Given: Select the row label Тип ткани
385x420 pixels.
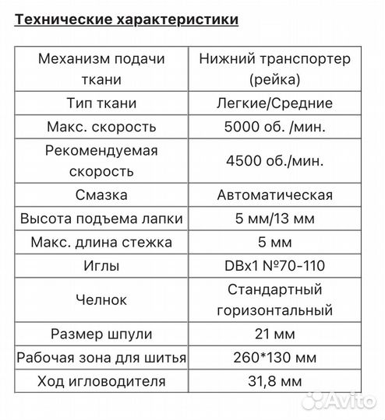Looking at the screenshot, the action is coord(102,103).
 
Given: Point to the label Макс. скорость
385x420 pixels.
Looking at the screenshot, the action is coord(102,126).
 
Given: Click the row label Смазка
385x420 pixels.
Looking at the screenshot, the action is coord(102,194).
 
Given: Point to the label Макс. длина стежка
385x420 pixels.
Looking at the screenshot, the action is coord(102,242).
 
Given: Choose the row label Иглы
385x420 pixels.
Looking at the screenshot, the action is coord(102,265).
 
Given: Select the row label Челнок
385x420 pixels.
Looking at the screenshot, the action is coord(102,300).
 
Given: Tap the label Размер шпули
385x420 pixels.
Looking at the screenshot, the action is coord(102,334).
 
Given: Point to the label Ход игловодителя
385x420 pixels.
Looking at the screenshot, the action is coord(102,381).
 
